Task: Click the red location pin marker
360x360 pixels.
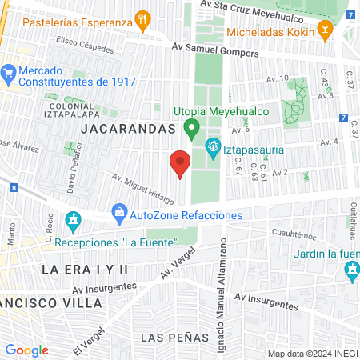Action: click(180, 162)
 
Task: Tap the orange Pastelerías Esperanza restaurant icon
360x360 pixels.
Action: click(143, 18)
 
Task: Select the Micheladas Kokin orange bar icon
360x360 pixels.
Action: click(326, 32)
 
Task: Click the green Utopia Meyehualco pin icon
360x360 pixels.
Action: click(191, 126)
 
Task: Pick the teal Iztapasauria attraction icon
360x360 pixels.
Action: click(214, 146)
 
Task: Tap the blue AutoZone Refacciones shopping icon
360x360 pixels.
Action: click(119, 212)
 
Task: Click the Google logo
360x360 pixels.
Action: click(26, 350)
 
